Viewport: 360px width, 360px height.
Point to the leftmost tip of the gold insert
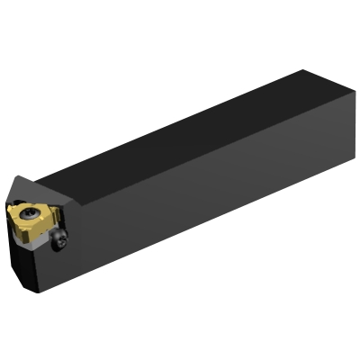pyautogui.click(x=9, y=213)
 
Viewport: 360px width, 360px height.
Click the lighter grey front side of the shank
pyautogui.click(x=207, y=198)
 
